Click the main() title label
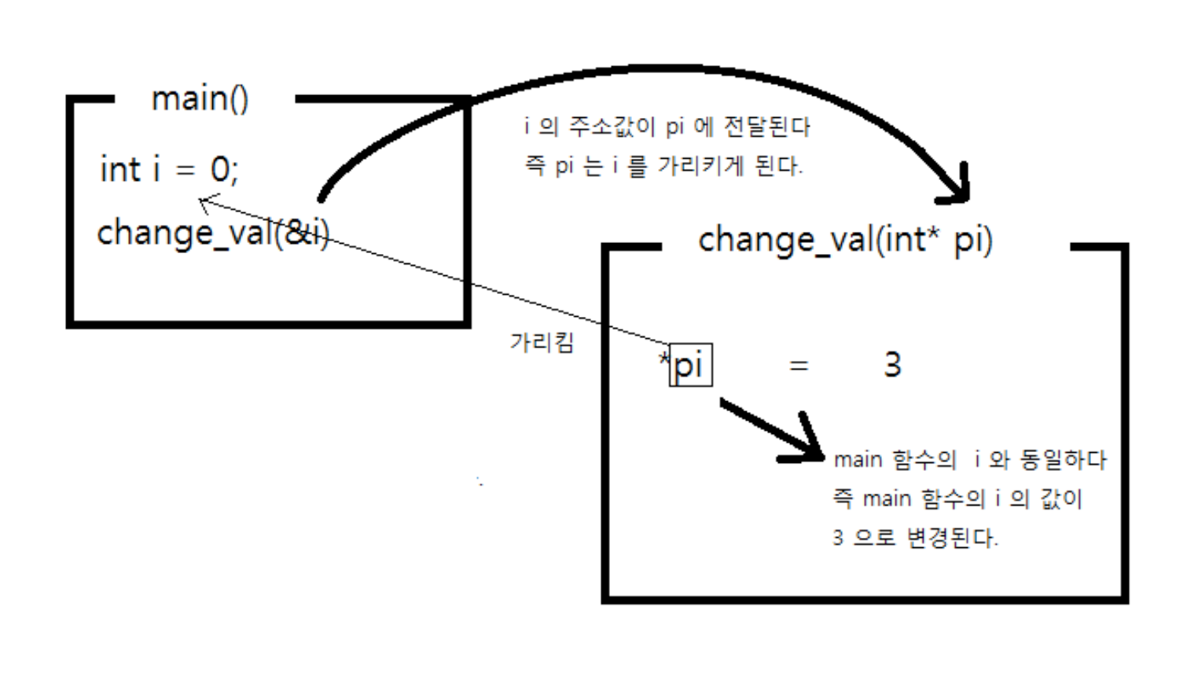[x=200, y=99]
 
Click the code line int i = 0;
[x=168, y=169]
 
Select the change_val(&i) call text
[x=212, y=233]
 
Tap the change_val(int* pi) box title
[x=845, y=239]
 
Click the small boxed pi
[x=690, y=365]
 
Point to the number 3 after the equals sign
[x=892, y=365]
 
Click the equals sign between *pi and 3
[x=799, y=366]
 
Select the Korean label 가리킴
[x=542, y=342]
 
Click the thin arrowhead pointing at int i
[x=204, y=203]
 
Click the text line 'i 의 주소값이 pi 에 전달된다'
[x=667, y=127]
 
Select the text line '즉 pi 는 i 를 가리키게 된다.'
[x=663, y=166]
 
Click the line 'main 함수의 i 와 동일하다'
[x=969, y=459]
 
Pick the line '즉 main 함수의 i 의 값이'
[x=957, y=498]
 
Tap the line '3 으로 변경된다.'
[x=915, y=538]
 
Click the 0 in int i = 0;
[x=220, y=169]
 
